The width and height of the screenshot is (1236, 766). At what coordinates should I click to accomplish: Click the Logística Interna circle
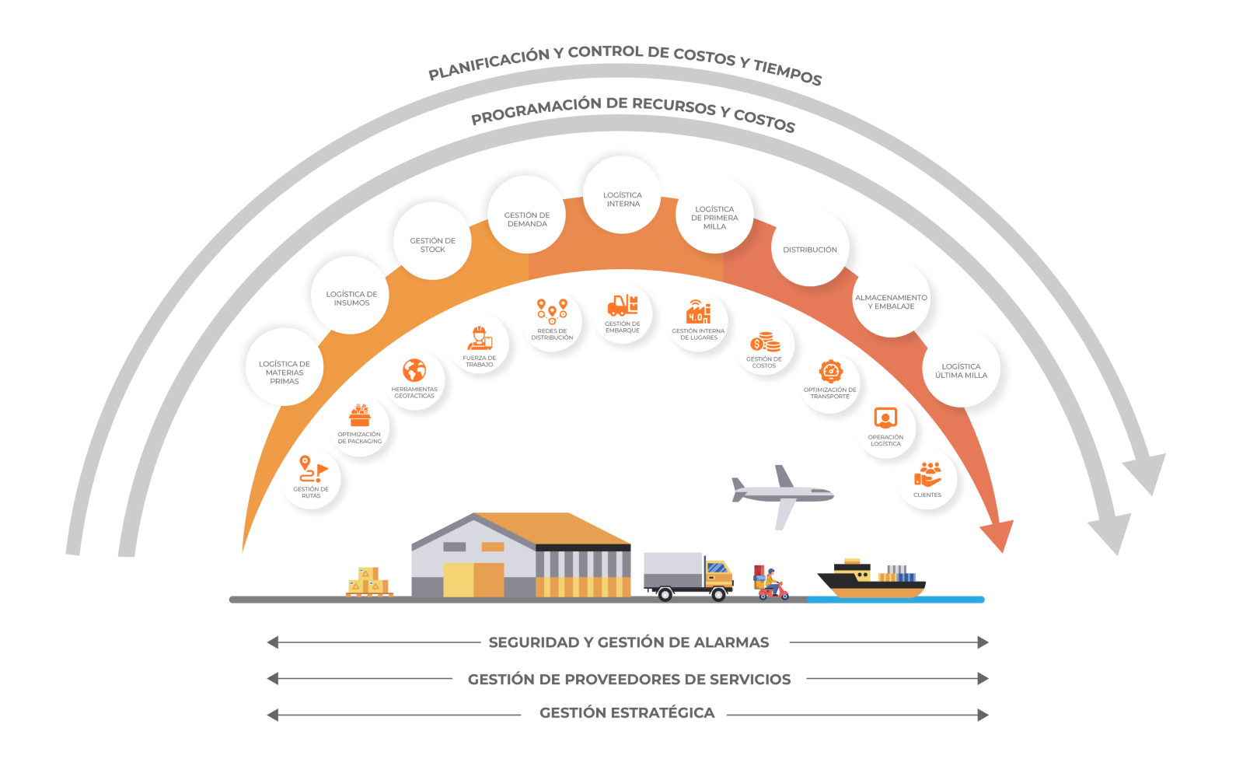[x=623, y=194]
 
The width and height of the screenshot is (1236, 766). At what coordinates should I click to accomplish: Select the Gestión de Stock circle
[x=433, y=241]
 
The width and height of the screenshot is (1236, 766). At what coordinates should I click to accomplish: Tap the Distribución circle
[x=810, y=247]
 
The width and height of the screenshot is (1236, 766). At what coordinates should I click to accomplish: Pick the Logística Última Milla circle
[x=961, y=368]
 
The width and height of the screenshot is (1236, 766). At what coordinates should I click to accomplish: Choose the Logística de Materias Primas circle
[x=285, y=367]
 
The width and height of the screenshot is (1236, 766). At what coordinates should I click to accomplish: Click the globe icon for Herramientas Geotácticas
[x=414, y=370]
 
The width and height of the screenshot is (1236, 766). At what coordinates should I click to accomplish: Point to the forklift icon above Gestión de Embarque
[x=622, y=305]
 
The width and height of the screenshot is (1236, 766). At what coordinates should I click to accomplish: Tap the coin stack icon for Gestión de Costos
[x=765, y=342]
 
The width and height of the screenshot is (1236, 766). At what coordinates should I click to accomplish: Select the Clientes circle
[x=927, y=479]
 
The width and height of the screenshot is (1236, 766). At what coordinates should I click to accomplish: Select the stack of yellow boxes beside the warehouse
[x=368, y=582]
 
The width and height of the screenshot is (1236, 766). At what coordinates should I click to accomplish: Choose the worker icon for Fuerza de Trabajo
[x=480, y=338]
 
